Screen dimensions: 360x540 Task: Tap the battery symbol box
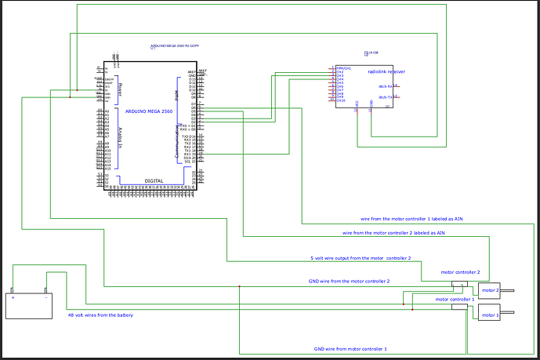tap(27, 305)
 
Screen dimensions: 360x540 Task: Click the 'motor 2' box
tap(489, 291)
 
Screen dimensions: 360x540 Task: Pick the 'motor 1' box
tap(489, 315)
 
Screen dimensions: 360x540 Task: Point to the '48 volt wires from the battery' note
tap(100, 315)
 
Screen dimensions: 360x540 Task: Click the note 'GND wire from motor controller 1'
tap(350, 347)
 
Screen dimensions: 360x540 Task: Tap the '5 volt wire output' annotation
tap(361, 257)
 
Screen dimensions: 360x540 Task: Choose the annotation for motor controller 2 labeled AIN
tap(394, 233)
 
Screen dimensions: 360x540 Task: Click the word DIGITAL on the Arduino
tap(154, 180)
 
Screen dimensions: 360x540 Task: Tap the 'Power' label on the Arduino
tap(119, 89)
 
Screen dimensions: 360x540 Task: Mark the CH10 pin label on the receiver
tap(341, 100)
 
